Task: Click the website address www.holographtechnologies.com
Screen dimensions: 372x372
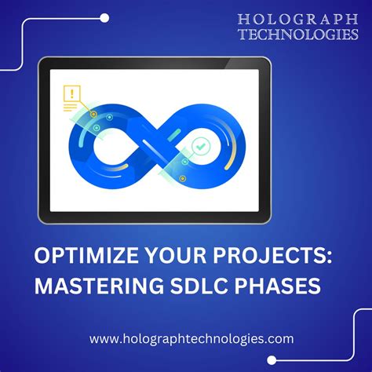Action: pos(191,339)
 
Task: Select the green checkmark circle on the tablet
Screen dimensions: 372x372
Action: pos(202,146)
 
